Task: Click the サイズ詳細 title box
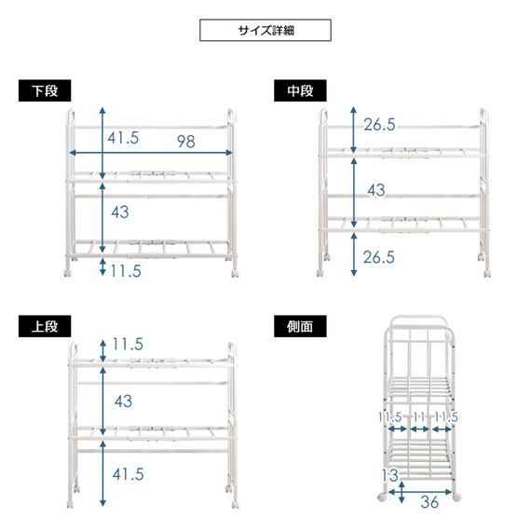click(265, 30)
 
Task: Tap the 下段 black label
click(45, 90)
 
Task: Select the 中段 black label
click(300, 90)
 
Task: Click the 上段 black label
click(45, 326)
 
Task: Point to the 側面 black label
click(300, 326)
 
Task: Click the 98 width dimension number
click(186, 142)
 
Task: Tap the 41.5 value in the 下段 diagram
click(123, 138)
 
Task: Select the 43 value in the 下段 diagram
click(120, 212)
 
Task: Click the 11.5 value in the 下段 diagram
click(126, 271)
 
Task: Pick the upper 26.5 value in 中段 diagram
click(379, 125)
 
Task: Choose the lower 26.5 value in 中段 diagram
click(379, 257)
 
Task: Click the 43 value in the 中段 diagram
click(376, 190)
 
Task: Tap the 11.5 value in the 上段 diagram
click(128, 344)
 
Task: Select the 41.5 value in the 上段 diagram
click(128, 474)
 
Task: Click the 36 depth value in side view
click(429, 502)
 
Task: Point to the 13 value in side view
click(390, 475)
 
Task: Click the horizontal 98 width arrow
click(151, 153)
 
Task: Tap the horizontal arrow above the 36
click(420, 492)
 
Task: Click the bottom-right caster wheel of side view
click(456, 497)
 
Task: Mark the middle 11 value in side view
click(419, 416)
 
